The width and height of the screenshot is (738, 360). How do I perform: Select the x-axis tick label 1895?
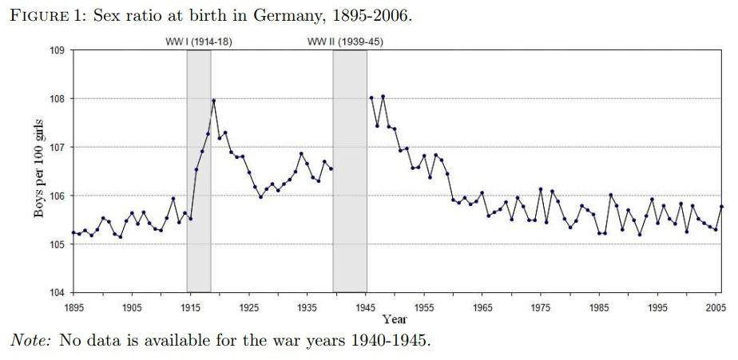(73, 307)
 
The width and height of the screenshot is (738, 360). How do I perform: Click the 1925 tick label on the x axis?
(248, 307)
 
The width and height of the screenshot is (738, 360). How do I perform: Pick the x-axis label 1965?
(482, 307)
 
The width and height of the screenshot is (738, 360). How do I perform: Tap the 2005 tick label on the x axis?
(716, 307)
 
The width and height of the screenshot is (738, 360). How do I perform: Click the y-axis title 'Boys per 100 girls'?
(38, 171)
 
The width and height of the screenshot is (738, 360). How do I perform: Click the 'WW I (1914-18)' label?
(198, 42)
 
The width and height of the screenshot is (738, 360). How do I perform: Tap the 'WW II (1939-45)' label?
(345, 42)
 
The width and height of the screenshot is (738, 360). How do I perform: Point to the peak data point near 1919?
(214, 101)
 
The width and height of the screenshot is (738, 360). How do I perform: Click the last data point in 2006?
(722, 207)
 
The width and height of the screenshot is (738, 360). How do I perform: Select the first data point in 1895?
(73, 232)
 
